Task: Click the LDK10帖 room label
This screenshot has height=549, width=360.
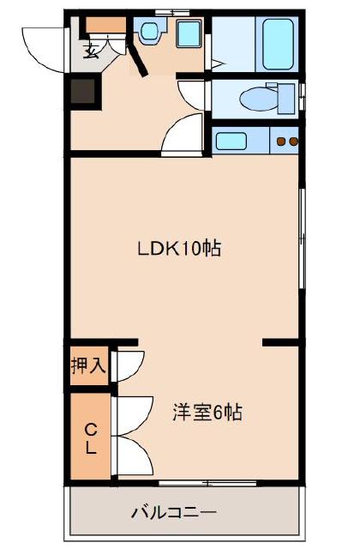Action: pos(180,250)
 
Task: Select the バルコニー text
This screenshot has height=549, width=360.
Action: pos(173,514)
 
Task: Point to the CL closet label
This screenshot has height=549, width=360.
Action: pos(89,437)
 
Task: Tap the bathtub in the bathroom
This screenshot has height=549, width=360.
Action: pos(276,44)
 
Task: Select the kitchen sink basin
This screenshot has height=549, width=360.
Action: pos(230,140)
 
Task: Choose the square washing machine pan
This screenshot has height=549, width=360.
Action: pos(187,35)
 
